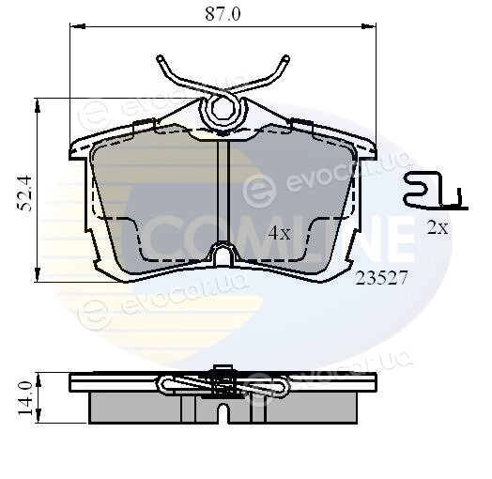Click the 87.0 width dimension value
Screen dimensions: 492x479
pos(223,14)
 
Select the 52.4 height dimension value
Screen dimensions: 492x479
pos(24,193)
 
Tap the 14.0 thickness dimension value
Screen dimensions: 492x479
pos(24,398)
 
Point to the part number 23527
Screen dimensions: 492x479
pos(381,278)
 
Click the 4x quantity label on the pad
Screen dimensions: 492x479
pos(280,233)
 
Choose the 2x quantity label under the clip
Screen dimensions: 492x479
pos(438,228)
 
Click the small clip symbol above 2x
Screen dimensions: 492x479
pos(436,191)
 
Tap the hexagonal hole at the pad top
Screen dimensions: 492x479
pos(223,109)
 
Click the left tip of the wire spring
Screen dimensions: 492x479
pos(161,58)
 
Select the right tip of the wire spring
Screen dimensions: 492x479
pos(285,58)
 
